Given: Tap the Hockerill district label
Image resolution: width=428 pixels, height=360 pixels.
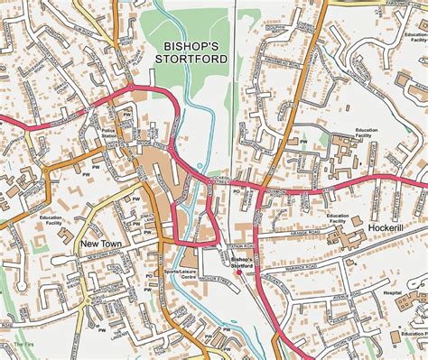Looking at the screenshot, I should [x=391, y=229].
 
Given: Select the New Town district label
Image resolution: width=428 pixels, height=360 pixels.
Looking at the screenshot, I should [x=101, y=244].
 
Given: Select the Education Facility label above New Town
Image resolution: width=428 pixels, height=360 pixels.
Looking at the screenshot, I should [x=51, y=220].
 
